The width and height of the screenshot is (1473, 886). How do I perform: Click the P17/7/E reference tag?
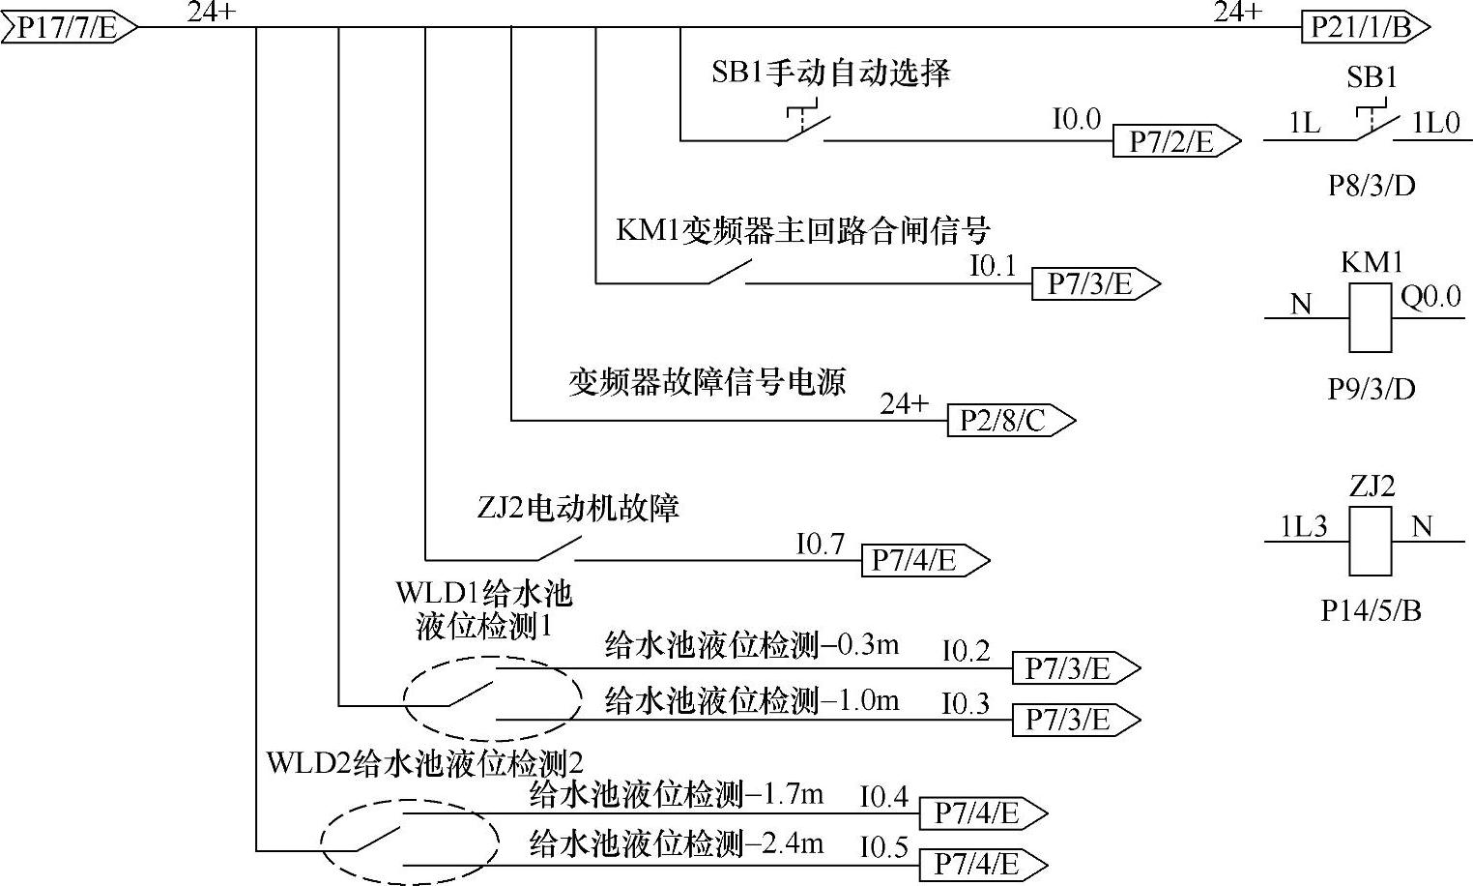(x=66, y=27)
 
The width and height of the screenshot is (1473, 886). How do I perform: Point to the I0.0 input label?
(x=1076, y=119)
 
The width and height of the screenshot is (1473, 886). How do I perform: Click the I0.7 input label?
(x=820, y=545)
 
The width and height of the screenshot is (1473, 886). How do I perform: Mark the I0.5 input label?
(x=884, y=847)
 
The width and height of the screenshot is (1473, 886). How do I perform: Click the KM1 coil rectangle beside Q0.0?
(x=1370, y=318)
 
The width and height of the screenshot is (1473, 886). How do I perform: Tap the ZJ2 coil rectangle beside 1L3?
(x=1370, y=542)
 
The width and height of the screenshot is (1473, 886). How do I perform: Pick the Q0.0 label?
(x=1430, y=297)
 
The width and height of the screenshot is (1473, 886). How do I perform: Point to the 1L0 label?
(x=1435, y=123)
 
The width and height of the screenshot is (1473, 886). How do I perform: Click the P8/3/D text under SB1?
(x=1371, y=185)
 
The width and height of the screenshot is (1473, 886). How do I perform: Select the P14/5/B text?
(x=1371, y=610)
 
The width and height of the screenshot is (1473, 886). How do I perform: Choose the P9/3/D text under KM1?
(x=1371, y=388)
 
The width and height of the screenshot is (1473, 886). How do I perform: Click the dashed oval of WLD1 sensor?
(x=492, y=699)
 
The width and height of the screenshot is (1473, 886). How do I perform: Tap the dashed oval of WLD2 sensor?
(x=409, y=842)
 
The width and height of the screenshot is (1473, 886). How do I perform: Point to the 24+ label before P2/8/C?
(x=903, y=403)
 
